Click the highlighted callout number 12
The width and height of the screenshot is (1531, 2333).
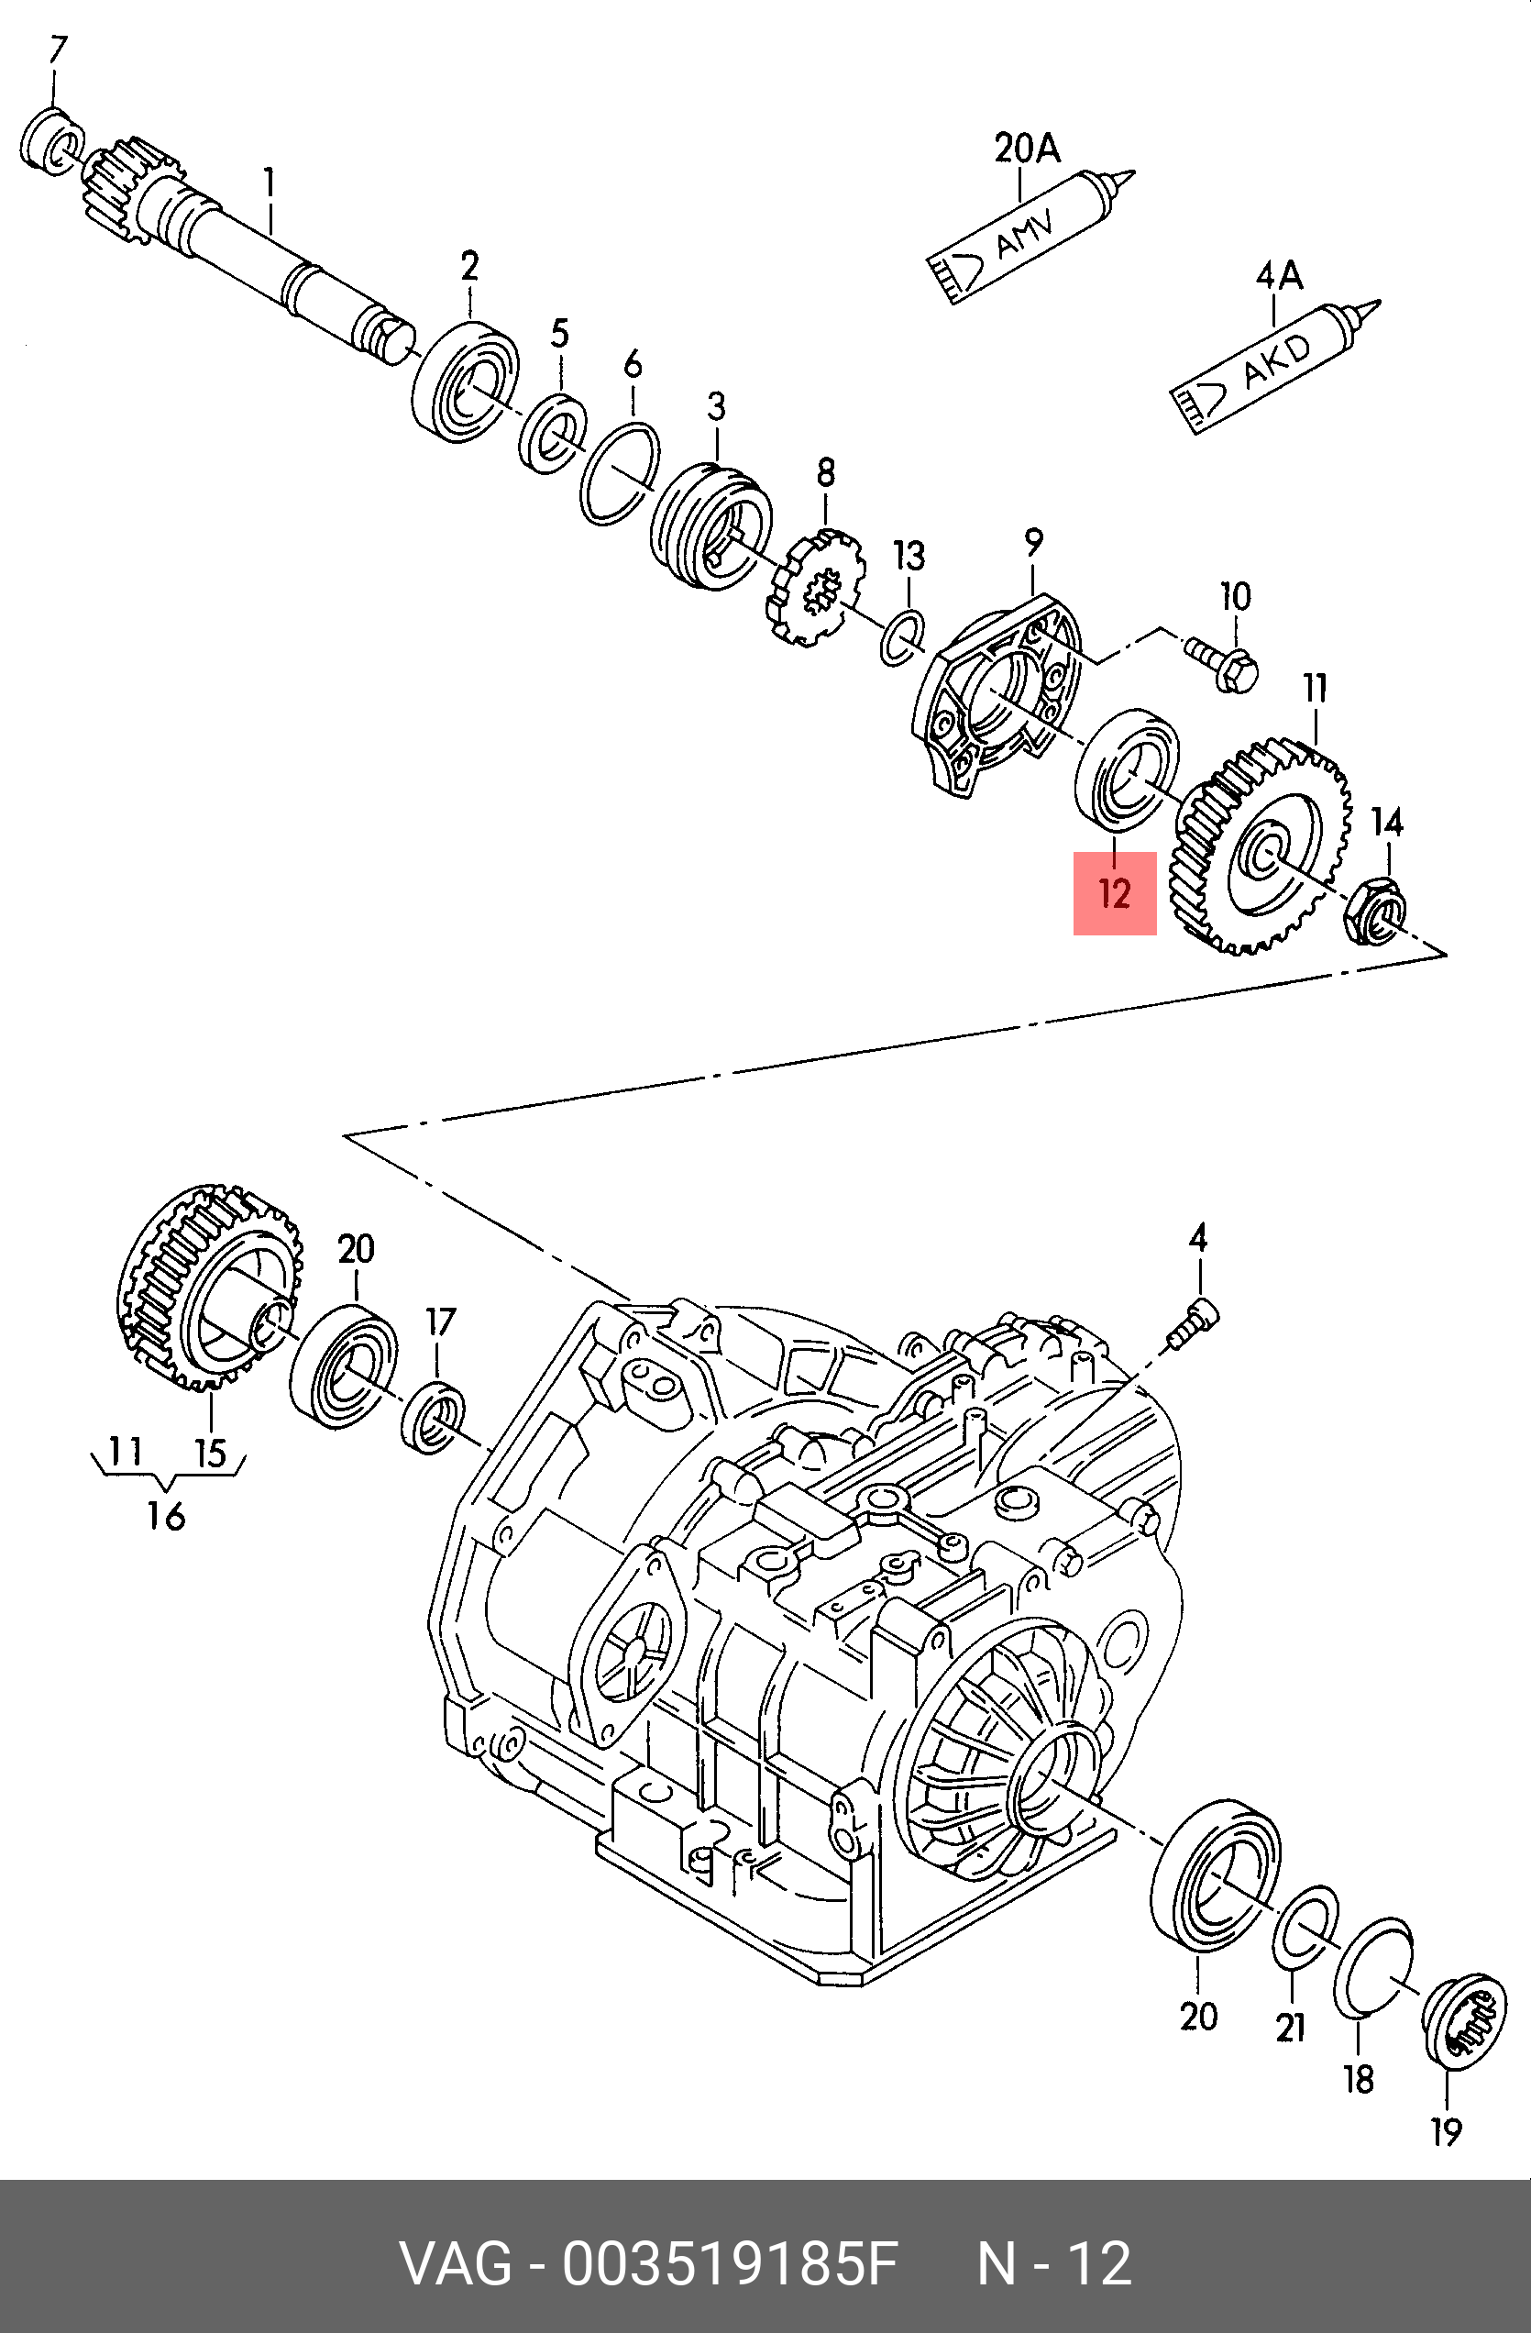tap(1115, 893)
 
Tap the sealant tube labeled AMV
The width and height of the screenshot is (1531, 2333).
tap(1032, 236)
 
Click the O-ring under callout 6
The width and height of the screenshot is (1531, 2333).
tap(620, 474)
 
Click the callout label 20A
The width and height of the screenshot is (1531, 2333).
tap(1027, 148)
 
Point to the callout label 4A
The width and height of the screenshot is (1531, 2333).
tap(1279, 276)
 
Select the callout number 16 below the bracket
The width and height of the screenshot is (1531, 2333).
tap(166, 1516)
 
